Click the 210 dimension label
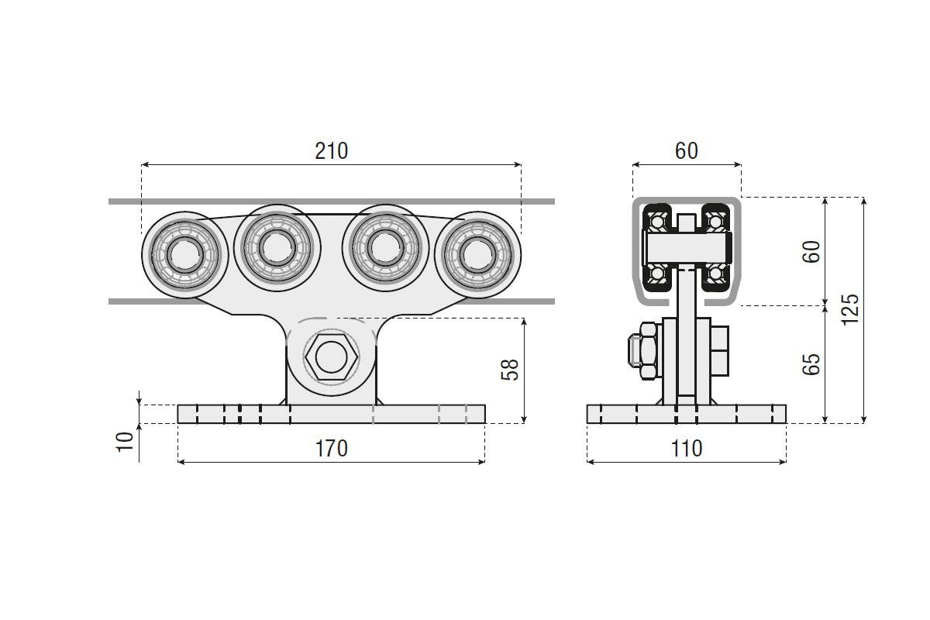[x=332, y=151]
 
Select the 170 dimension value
[x=332, y=449]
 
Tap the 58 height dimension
[x=510, y=369]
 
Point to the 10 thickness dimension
[x=126, y=442]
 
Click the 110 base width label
[x=687, y=449]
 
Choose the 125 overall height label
[x=849, y=310]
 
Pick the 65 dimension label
[x=811, y=364]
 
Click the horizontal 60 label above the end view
[x=687, y=151]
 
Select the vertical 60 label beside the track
[x=811, y=252]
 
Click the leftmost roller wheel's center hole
[x=185, y=255]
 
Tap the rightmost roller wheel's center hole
[x=478, y=255]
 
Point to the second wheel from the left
[x=277, y=248]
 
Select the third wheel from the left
[x=386, y=248]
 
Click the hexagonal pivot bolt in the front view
[x=332, y=356]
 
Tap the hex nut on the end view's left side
[x=649, y=350]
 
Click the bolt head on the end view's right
[x=719, y=351]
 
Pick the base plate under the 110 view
[x=687, y=414]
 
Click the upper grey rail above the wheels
[x=332, y=201]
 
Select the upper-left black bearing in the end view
[x=657, y=221]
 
